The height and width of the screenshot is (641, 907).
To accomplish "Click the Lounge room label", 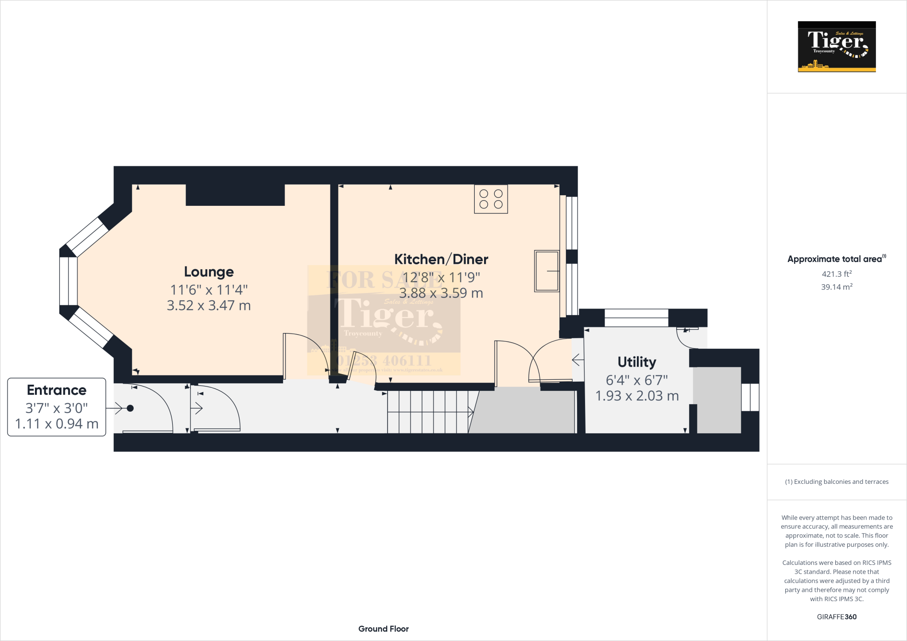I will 209,272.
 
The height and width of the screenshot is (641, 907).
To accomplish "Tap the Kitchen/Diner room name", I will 441,259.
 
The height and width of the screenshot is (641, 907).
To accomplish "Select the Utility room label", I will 637,362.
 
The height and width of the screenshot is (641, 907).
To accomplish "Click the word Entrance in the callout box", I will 57,390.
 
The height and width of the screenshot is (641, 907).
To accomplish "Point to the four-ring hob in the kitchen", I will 491,199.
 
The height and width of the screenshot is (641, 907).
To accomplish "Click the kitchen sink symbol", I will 547,271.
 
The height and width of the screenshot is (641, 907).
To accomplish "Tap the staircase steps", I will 427,412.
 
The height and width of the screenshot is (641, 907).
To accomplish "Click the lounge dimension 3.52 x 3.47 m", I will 209,305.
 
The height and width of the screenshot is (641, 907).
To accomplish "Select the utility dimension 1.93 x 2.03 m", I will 637,396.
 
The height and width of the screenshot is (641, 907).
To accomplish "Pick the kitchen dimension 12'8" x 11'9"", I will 441,278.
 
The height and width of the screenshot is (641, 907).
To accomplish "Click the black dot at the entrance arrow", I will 130,408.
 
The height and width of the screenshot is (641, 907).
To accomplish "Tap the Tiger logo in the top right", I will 837,46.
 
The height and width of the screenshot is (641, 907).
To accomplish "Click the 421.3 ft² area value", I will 837,274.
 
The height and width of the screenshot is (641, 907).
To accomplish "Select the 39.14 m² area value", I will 837,287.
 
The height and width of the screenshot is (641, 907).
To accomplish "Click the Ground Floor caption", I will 384,629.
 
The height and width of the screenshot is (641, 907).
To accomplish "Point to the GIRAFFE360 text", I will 837,617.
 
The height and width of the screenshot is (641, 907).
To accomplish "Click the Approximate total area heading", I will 835,259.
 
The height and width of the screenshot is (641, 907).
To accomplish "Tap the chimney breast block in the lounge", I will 235,195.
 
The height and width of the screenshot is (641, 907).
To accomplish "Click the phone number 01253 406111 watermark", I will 384,360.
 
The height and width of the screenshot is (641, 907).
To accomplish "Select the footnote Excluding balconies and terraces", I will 837,482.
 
